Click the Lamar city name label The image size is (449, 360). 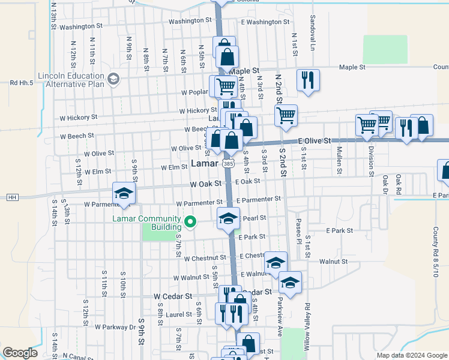click(204, 163)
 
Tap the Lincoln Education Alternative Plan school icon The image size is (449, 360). click(113, 79)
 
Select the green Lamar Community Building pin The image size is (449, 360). click(191, 223)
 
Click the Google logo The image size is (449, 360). click(20, 353)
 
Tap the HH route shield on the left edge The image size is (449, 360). click(11, 197)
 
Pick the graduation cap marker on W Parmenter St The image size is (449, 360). click(124, 193)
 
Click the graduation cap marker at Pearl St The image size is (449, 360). click(228, 218)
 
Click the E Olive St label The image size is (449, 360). click(315, 140)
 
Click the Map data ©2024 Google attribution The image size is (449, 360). click(411, 355)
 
